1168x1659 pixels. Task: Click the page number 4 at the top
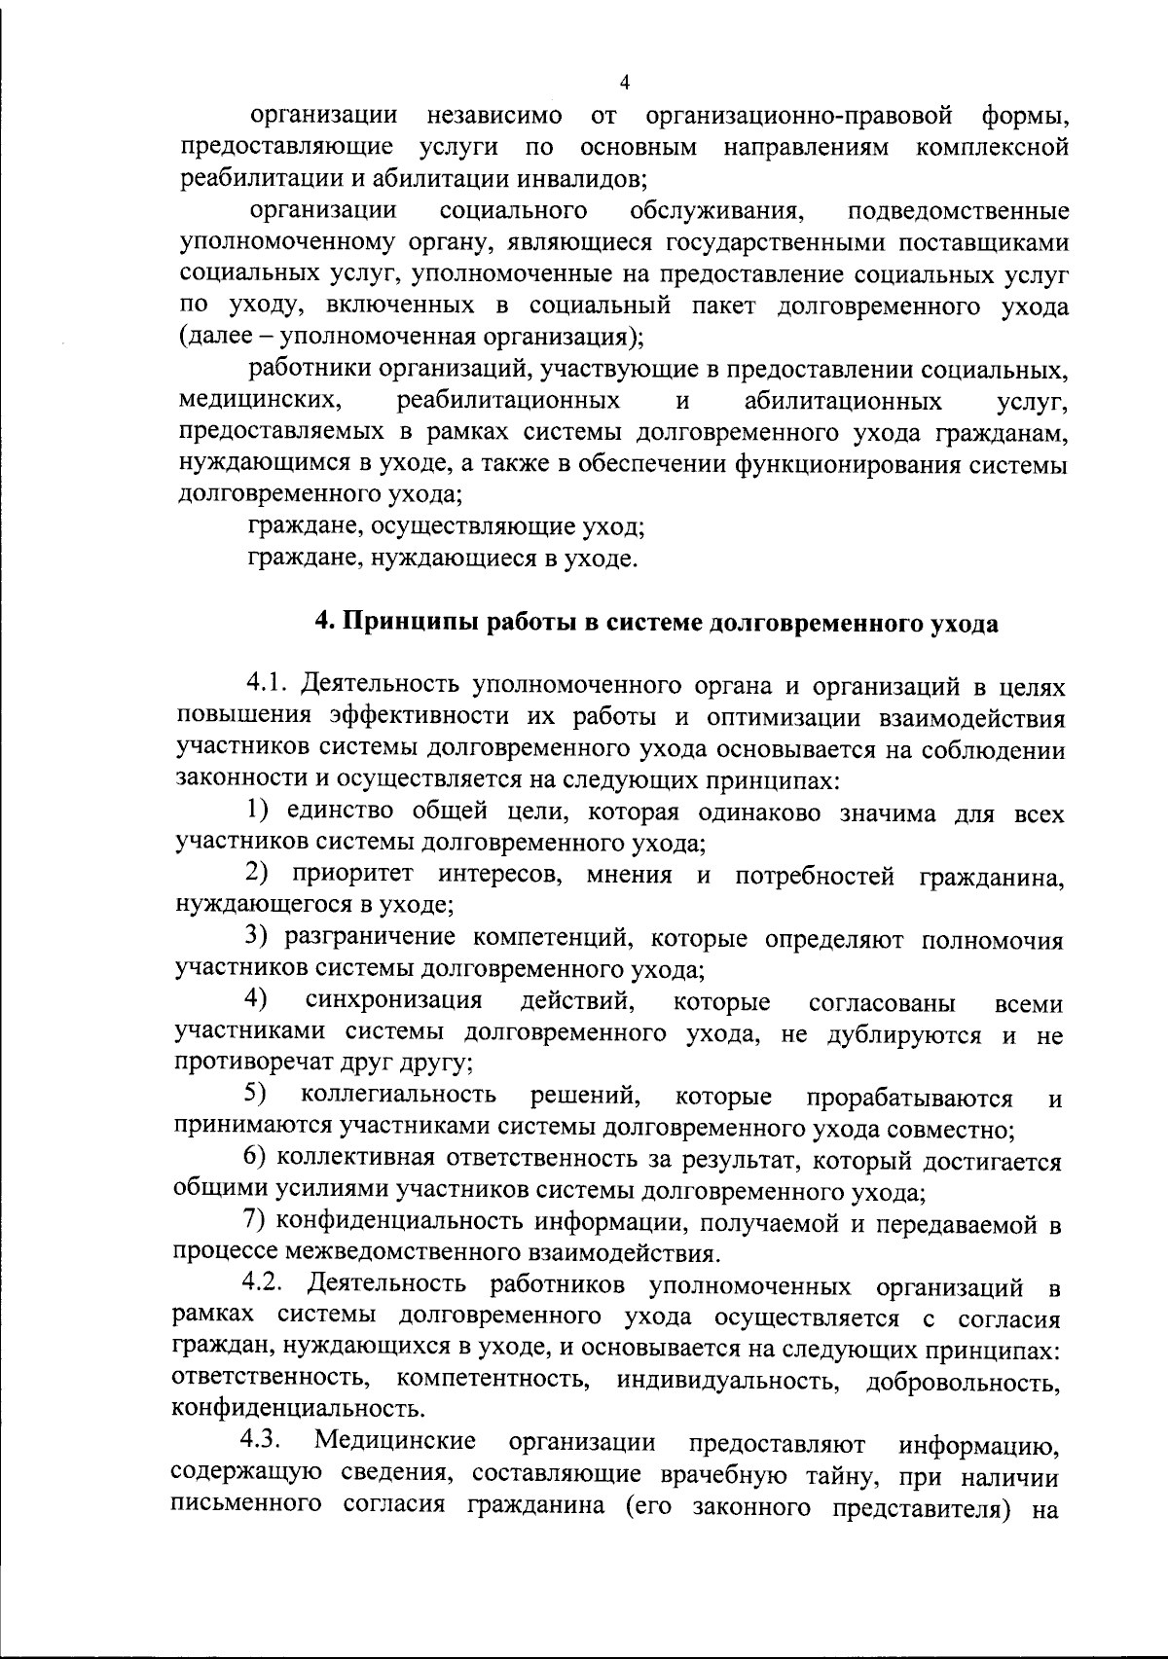(x=624, y=82)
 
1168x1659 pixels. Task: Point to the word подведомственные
(x=959, y=211)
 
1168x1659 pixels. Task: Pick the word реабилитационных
(x=509, y=401)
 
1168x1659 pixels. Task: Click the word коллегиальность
(x=398, y=1097)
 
